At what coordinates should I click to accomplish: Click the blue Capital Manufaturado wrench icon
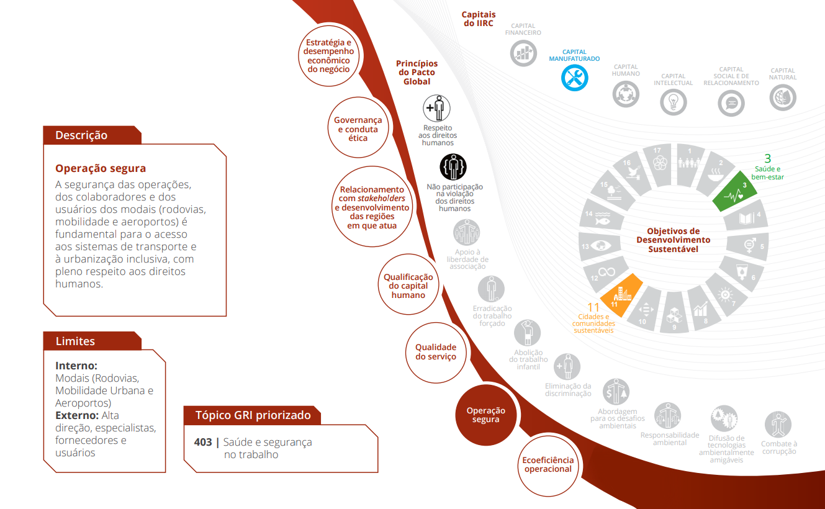point(574,78)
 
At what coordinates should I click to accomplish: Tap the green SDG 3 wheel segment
point(735,192)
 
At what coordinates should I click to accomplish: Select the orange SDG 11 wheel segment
point(621,295)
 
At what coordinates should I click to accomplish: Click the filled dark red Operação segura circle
point(486,415)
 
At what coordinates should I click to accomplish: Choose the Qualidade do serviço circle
point(436,353)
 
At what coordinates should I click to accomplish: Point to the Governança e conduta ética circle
point(358,127)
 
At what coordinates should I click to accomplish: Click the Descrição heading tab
point(92,135)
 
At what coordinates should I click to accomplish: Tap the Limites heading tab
point(92,341)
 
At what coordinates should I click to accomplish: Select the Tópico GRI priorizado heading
point(253,415)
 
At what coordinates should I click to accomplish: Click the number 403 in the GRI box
point(203,442)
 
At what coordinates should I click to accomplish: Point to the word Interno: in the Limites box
point(76,366)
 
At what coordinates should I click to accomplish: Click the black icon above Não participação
point(453,167)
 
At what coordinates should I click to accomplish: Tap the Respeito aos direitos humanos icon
point(436,108)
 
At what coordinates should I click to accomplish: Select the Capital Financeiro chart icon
point(523,53)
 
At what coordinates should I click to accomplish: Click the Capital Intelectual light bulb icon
point(674,102)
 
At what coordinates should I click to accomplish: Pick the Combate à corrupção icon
point(778,425)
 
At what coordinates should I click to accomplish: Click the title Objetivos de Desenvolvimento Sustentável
point(674,240)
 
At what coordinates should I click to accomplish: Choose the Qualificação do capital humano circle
point(408,284)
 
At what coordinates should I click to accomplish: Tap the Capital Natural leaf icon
point(783,97)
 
